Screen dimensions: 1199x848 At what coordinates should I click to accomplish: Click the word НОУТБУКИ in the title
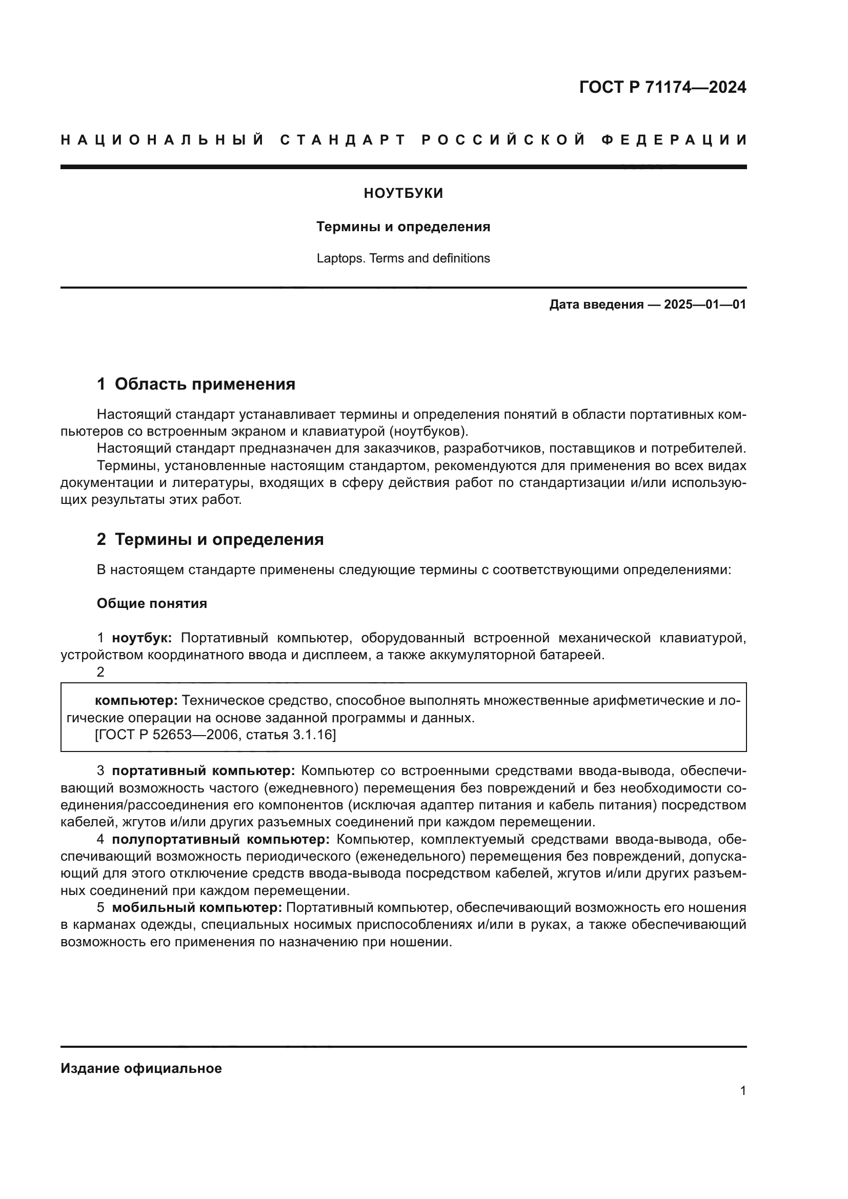[x=403, y=194]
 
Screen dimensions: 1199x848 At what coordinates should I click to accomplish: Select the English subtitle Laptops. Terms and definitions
[x=403, y=258]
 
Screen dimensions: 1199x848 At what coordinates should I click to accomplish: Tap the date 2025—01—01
[x=705, y=305]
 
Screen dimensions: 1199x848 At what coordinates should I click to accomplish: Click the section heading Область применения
[x=205, y=384]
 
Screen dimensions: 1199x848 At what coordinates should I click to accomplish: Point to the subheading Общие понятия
[x=152, y=604]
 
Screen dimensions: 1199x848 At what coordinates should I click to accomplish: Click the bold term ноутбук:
[x=142, y=638]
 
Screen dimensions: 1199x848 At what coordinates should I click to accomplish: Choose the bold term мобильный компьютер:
[x=197, y=908]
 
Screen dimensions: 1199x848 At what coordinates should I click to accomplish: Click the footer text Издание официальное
[x=141, y=1068]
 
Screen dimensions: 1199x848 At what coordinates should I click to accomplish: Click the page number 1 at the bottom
[x=742, y=1091]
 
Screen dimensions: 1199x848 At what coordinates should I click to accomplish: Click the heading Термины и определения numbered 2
[x=219, y=539]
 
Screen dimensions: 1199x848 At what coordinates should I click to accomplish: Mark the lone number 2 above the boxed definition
[x=100, y=673]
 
